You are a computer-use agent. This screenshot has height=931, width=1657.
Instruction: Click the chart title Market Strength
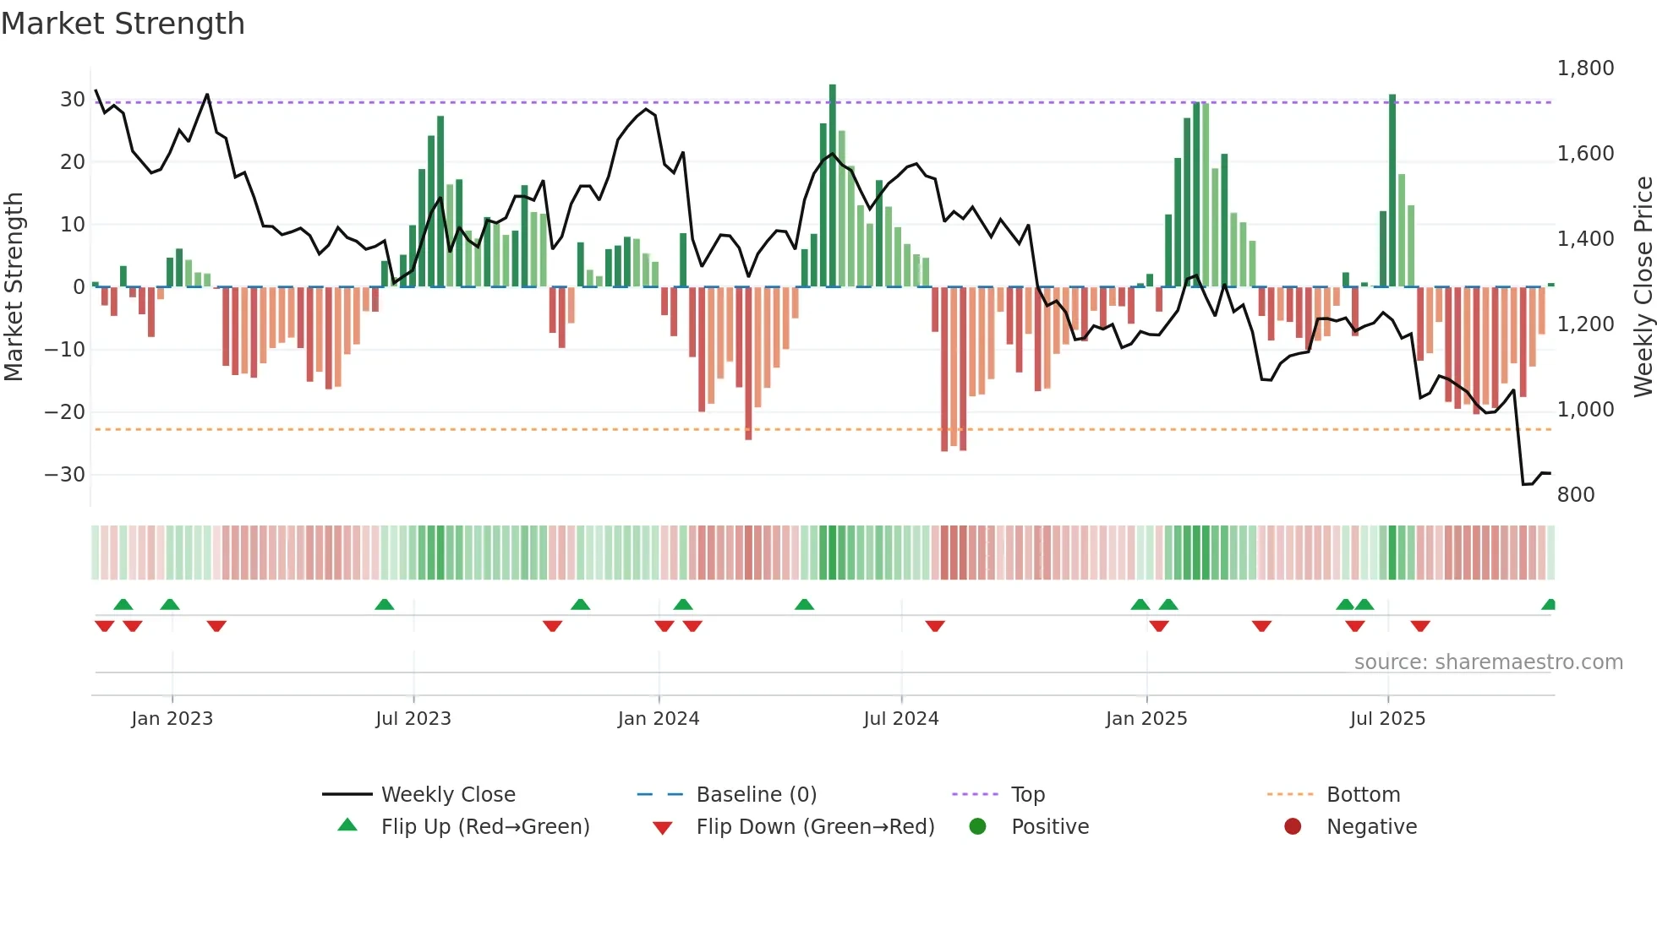(123, 24)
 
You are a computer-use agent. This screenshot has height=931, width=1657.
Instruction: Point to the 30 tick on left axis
(73, 100)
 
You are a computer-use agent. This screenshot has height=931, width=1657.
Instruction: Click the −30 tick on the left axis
(65, 475)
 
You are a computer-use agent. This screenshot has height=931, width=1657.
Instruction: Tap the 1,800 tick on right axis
(1585, 68)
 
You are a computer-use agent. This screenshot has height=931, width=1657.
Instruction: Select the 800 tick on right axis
(1575, 495)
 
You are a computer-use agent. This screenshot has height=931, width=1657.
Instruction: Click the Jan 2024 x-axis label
(658, 719)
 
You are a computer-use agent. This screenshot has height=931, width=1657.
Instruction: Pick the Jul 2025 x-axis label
(1386, 719)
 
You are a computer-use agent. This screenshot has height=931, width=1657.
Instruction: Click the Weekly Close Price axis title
(1643, 287)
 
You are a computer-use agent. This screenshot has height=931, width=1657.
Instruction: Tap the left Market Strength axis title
(14, 287)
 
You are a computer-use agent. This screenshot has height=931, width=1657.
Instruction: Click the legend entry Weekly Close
(447, 795)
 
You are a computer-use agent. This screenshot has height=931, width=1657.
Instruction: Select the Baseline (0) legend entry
(756, 795)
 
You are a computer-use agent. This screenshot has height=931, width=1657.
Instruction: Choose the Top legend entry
(1027, 795)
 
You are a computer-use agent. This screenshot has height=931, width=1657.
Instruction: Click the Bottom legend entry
(1363, 795)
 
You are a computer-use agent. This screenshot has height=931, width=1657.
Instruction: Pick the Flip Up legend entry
(484, 827)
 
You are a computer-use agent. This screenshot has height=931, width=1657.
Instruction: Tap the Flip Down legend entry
(814, 827)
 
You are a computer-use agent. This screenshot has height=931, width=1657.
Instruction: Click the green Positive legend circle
(977, 827)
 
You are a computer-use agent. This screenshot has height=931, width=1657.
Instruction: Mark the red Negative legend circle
(1292, 827)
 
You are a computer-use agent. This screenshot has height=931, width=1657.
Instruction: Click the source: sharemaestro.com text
(1488, 662)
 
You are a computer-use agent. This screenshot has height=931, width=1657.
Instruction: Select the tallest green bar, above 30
(832, 186)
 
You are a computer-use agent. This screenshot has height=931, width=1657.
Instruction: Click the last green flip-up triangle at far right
(1548, 605)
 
